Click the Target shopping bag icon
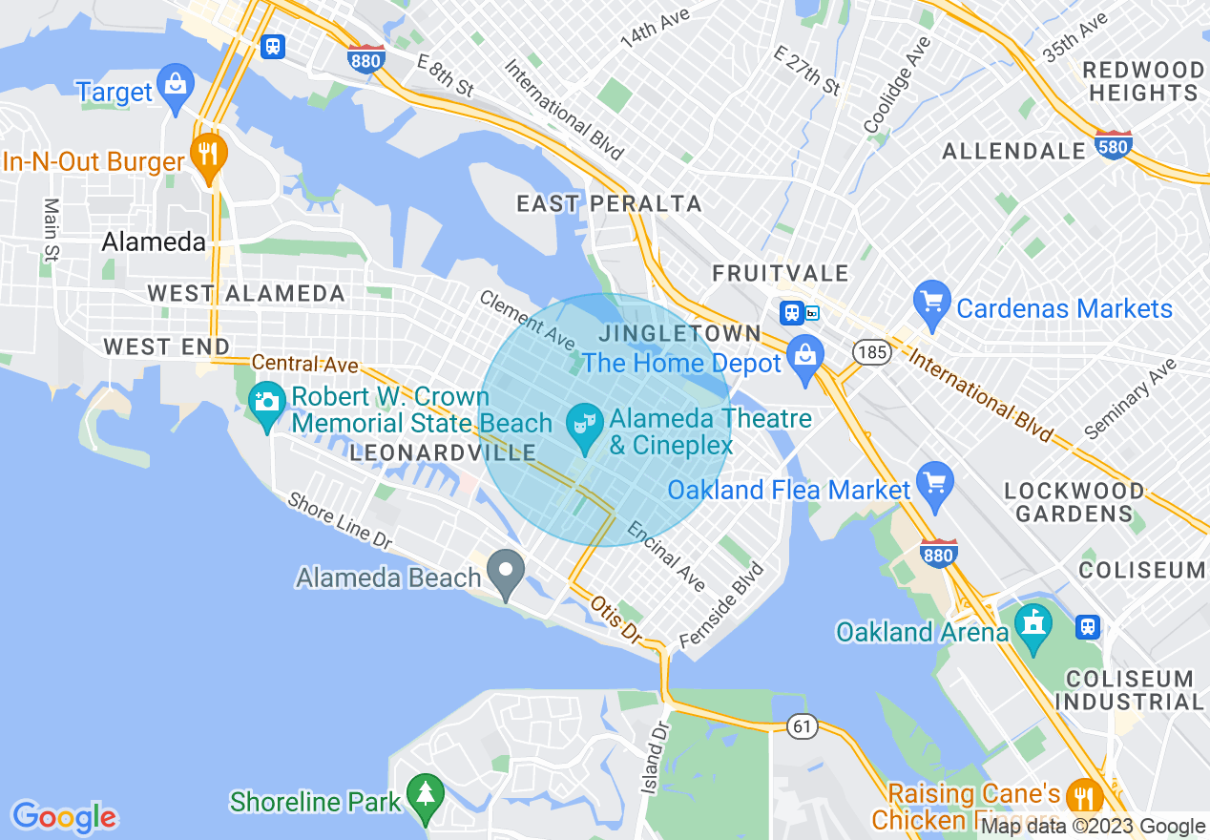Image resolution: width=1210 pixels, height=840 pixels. (x=176, y=84)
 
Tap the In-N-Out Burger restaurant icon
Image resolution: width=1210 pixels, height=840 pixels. (x=207, y=154)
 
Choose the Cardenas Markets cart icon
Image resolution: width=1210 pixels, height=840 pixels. (x=931, y=301)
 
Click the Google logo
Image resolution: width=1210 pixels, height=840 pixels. (x=65, y=817)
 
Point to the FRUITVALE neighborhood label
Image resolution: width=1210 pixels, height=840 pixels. (x=781, y=275)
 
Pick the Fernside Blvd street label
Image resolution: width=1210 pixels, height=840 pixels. (x=721, y=605)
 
